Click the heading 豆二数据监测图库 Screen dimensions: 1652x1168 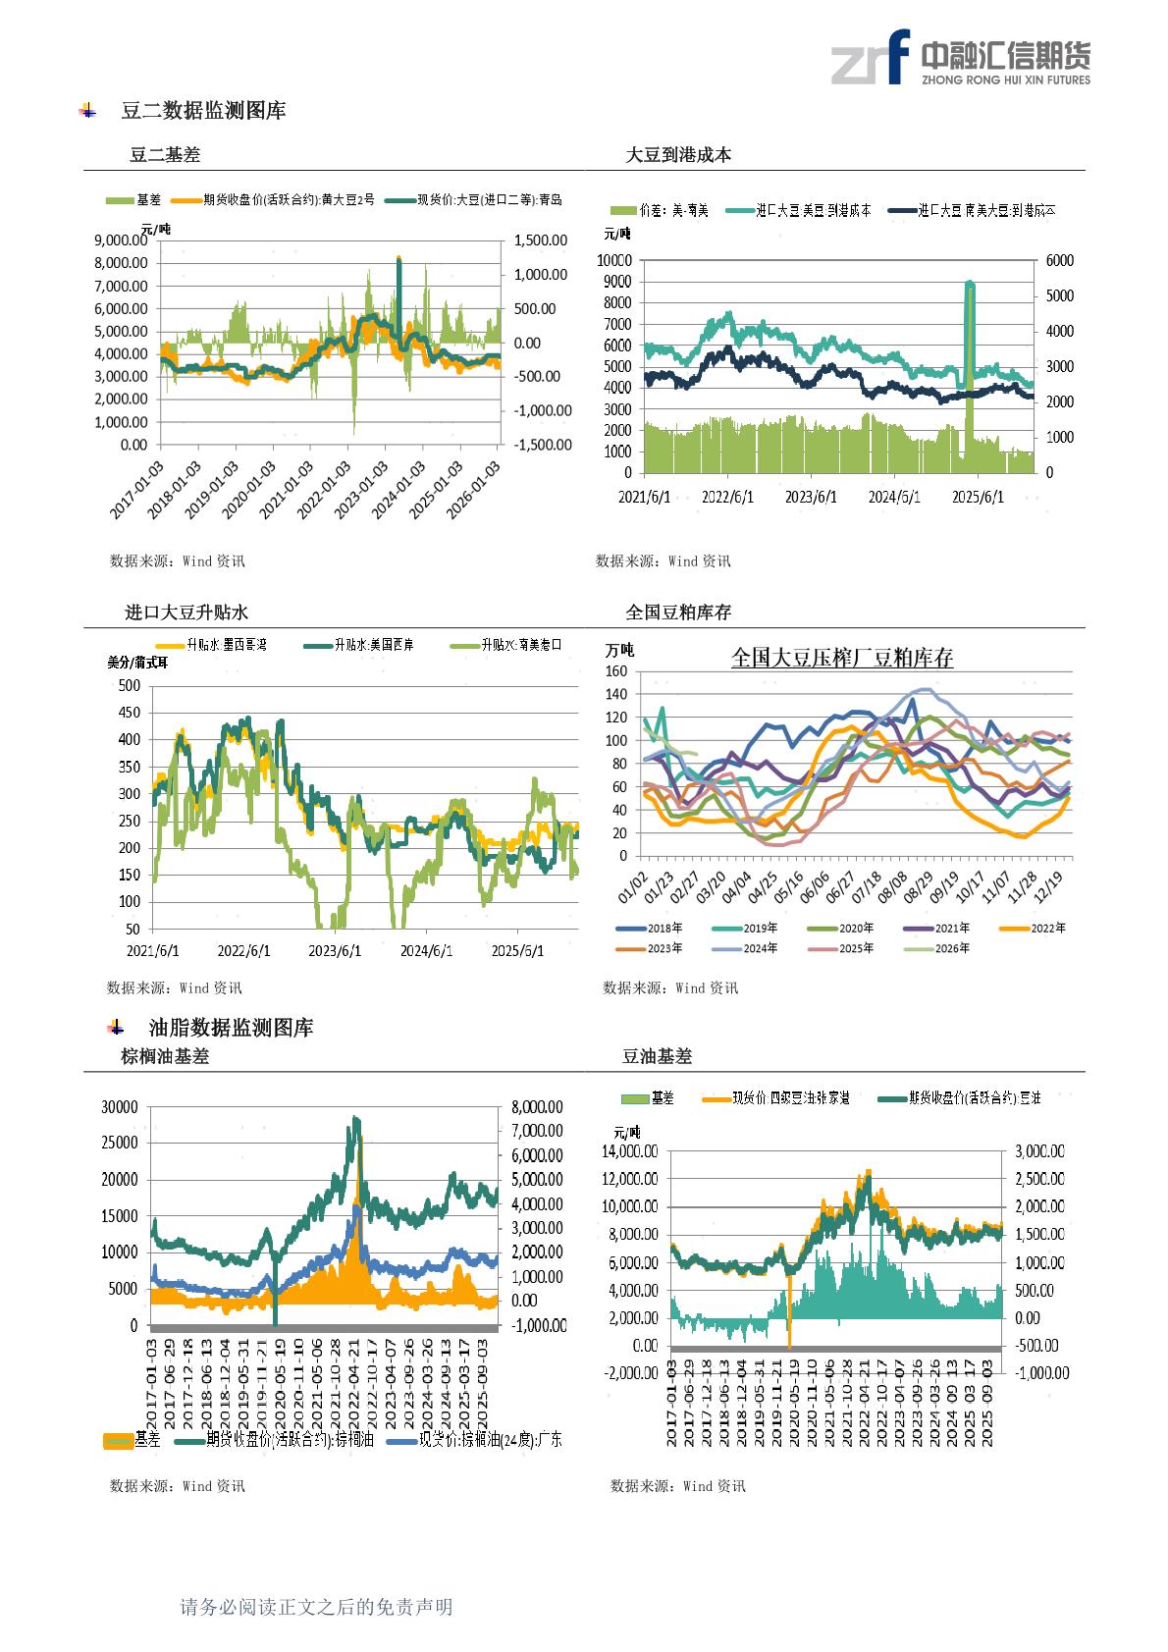(203, 111)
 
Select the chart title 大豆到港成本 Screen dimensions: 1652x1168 (678, 155)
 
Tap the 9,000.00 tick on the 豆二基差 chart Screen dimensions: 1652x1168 (121, 240)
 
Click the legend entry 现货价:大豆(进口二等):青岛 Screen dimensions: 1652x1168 (489, 200)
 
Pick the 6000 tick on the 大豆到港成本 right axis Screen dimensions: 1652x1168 (1060, 261)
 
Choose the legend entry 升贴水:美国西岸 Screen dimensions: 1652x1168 (373, 646)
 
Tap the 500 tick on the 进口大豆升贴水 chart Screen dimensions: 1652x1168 (129, 686)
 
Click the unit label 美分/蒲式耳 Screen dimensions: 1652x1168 (137, 663)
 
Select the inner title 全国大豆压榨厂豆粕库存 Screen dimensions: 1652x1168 (842, 658)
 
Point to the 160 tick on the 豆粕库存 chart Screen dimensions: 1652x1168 (616, 672)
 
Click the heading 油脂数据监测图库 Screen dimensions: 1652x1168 (231, 1028)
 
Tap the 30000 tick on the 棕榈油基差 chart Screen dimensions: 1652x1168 (120, 1107)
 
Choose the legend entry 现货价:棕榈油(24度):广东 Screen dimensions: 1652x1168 (490, 1440)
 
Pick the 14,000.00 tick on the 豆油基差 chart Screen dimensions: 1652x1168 (631, 1151)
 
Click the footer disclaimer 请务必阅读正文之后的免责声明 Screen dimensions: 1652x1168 (316, 1607)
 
